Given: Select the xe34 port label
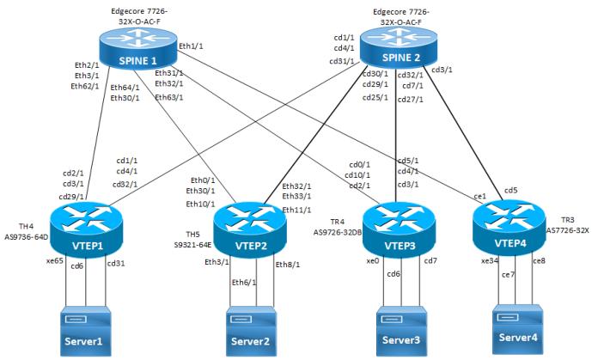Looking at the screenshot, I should pyautogui.click(x=490, y=260).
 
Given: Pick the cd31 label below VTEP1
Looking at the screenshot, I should pyautogui.click(x=117, y=263).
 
